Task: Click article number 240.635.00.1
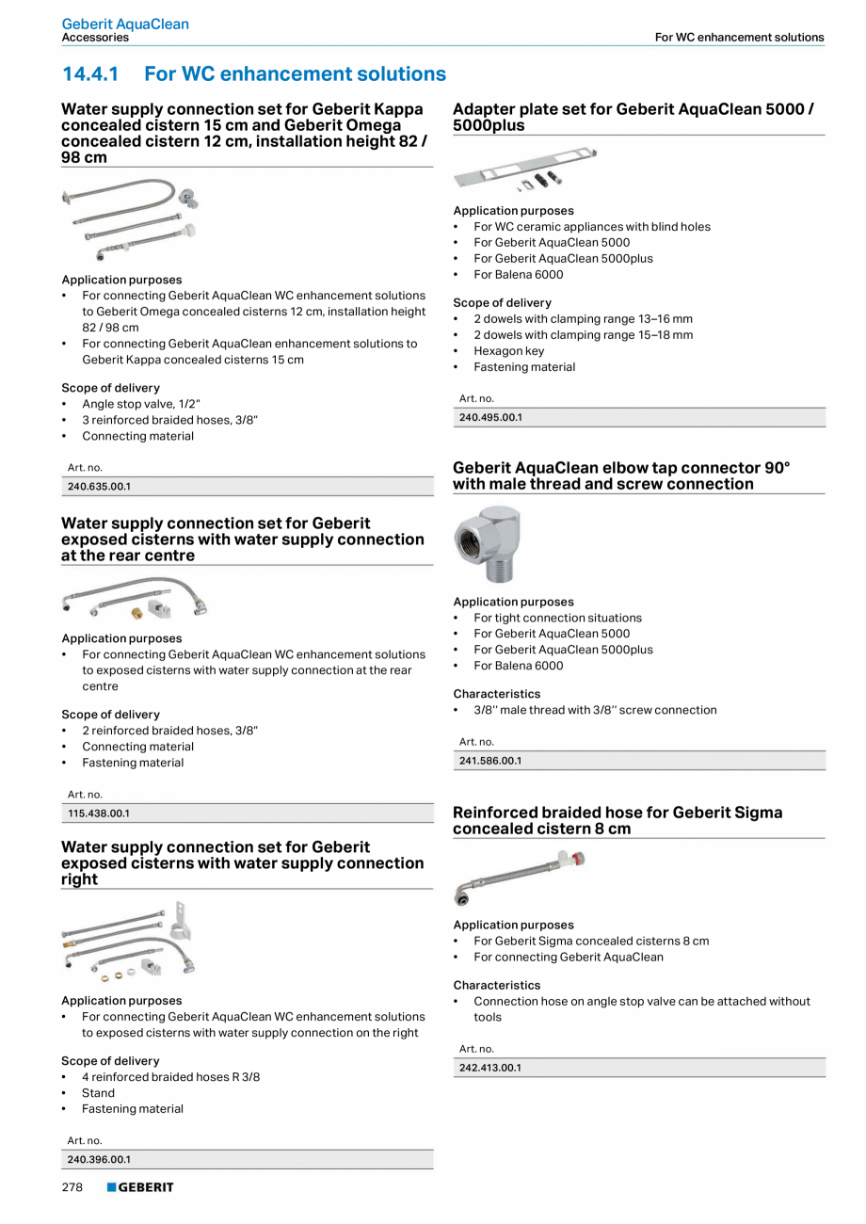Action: [99, 487]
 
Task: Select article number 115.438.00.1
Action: [99, 813]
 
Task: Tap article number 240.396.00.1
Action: [99, 1160]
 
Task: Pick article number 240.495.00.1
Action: [490, 417]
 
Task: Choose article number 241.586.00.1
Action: [490, 761]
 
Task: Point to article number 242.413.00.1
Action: [490, 1068]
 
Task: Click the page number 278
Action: [72, 1188]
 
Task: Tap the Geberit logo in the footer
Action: [140, 1188]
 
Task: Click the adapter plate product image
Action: [525, 170]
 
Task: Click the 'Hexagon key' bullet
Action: [509, 351]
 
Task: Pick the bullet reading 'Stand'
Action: [98, 1093]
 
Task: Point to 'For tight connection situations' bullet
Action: [557, 618]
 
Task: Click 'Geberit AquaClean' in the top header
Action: [125, 24]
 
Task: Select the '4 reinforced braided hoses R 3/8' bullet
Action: [170, 1077]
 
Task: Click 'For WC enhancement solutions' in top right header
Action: [739, 38]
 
